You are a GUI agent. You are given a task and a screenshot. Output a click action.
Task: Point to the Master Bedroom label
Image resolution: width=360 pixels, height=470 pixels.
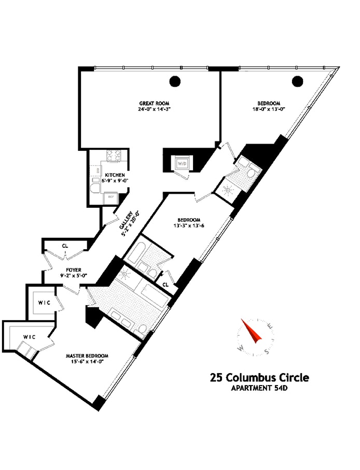pos(87,355)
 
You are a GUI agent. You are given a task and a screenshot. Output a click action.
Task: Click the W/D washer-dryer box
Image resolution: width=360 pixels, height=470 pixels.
pos(182,164)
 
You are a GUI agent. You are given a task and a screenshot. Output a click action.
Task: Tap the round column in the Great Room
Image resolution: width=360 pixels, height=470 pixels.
pos(176,81)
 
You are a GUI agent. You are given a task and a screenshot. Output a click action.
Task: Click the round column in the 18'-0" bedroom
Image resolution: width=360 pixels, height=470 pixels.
pos(297,81)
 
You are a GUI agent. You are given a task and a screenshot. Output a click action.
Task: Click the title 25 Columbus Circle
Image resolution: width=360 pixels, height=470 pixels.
pos(259,377)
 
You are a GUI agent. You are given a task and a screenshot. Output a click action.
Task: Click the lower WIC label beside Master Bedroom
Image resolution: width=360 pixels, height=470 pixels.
pos(29,337)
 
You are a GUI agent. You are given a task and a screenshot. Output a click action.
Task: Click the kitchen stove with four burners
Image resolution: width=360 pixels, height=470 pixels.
pos(113,154)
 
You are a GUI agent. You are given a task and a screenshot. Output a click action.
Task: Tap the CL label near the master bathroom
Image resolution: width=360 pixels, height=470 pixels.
pos(165,284)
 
